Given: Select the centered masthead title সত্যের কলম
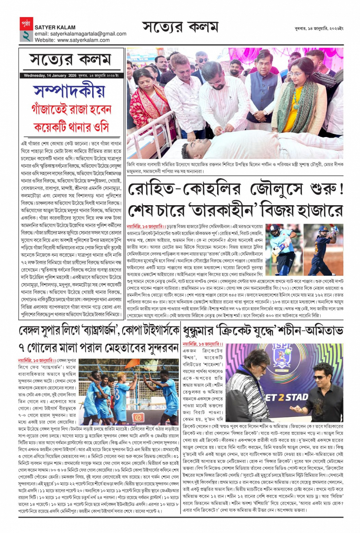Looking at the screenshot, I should pyautogui.click(x=180, y=27).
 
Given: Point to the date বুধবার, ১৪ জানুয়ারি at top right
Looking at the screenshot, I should pyautogui.click(x=319, y=29).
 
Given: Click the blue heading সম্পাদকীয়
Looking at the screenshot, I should pyautogui.click(x=69, y=91).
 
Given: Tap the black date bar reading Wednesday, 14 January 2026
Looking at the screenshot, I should pyautogui.click(x=71, y=75).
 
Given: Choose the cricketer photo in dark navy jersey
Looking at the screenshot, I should pyautogui.click(x=323, y=249).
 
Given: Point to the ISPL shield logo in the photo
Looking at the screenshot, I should pyautogui.click(x=282, y=358).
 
